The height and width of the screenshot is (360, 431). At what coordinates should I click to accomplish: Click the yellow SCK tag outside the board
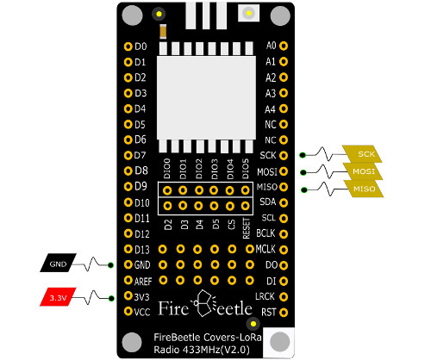pos(363,154)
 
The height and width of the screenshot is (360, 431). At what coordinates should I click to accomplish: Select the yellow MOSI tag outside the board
pos(364,171)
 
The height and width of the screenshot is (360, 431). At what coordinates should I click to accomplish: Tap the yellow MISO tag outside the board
pos(365,189)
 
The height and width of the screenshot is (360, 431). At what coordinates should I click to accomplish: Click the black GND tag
pos(58,263)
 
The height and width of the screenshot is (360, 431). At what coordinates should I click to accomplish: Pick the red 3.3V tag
pos(58,297)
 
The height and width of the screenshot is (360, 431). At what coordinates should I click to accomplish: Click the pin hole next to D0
pos(128,47)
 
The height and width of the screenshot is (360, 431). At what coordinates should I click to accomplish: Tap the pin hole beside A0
pos(284,46)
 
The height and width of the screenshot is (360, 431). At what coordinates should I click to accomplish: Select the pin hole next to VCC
pos(128,311)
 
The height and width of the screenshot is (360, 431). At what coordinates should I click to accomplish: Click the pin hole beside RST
pos(284,312)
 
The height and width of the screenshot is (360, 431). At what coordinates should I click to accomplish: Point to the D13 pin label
pos(142,250)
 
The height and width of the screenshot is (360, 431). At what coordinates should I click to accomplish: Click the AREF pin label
pos(143,282)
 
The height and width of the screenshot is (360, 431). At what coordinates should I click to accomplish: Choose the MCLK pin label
pos(265,249)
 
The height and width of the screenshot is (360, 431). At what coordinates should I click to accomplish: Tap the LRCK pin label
pos(265,296)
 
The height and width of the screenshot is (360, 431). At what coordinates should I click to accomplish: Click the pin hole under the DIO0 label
pos(167,190)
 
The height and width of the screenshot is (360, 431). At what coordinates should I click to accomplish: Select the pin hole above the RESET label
pos(246,206)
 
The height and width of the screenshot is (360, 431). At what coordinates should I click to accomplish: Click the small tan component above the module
pos(163,31)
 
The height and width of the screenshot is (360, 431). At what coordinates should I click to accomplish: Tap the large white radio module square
pos(206,98)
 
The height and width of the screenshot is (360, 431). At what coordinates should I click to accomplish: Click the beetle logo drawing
pos(205,303)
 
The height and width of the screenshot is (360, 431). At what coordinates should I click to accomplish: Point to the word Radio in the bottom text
pos(166,350)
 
